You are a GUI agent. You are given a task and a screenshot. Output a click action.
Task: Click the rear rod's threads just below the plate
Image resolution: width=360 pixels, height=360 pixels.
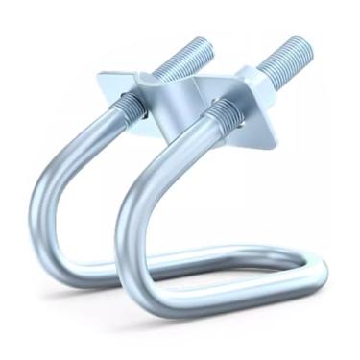132,105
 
